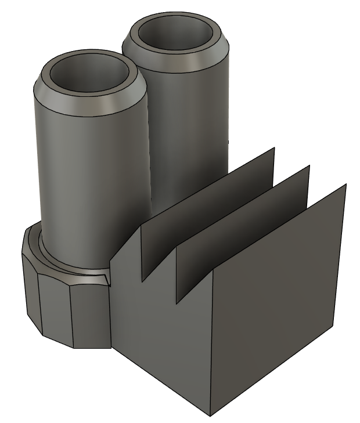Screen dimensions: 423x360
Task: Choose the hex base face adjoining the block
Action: coord(90,316)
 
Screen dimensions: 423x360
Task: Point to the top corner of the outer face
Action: coord(346,185)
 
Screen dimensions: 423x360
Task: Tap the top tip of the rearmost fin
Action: coord(273,149)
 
